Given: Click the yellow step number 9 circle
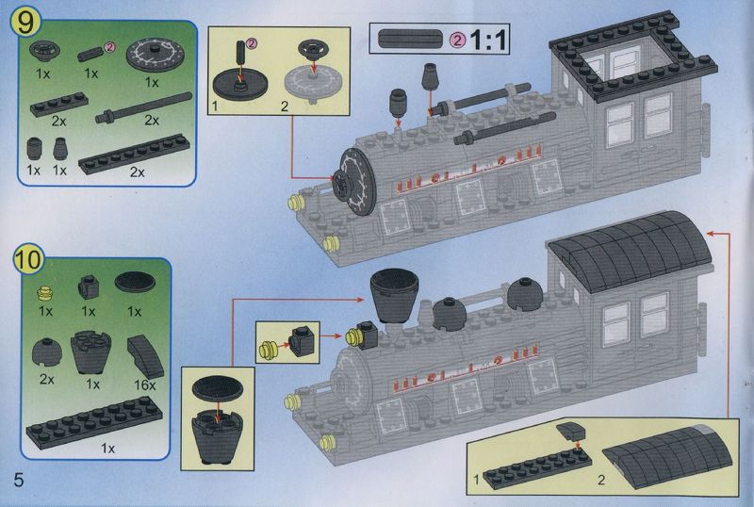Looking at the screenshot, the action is tap(26, 23).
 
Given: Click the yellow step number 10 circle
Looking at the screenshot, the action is tap(29, 260).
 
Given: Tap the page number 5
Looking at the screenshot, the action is tap(18, 480).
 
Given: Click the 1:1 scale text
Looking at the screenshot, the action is tap(488, 40).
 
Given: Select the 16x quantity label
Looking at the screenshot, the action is tap(145, 385).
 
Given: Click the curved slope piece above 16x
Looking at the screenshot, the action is tap(146, 356).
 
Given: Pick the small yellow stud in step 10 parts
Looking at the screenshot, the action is tap(44, 292).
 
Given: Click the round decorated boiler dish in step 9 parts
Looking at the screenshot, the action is tap(155, 55).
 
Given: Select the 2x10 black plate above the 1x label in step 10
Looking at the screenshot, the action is tap(93, 421).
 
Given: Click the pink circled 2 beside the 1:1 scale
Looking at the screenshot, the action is tap(457, 41).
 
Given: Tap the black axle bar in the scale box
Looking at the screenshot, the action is tap(410, 39).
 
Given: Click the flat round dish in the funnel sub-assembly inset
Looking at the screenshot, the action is tap(218, 388).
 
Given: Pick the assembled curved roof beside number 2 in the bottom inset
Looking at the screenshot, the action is tap(667, 456).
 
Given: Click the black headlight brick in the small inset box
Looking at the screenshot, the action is tap(303, 341).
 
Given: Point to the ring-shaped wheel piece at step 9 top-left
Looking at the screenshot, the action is tap(44, 51).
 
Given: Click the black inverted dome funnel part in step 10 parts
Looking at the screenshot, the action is tap(90, 352).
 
